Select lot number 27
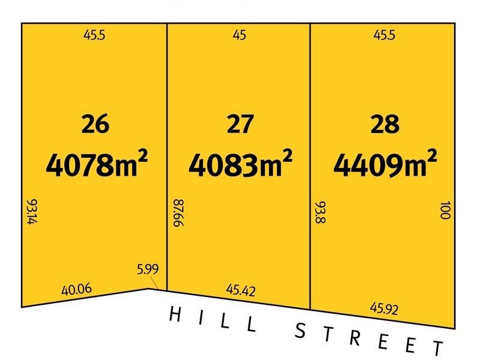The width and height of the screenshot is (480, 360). [239, 125]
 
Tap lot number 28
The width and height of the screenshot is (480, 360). [385, 125]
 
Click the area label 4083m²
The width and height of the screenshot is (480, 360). [241, 163]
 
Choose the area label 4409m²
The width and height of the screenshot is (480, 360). [385, 163]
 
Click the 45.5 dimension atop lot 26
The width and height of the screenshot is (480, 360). [94, 35]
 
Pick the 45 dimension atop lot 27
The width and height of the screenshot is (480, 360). [239, 35]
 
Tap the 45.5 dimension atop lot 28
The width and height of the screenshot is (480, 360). [385, 35]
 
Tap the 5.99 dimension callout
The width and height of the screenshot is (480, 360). [148, 268]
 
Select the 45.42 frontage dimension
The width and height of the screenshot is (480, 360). [241, 291]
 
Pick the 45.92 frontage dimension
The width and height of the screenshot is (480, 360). [385, 309]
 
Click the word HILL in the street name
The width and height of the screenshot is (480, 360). [213, 319]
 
